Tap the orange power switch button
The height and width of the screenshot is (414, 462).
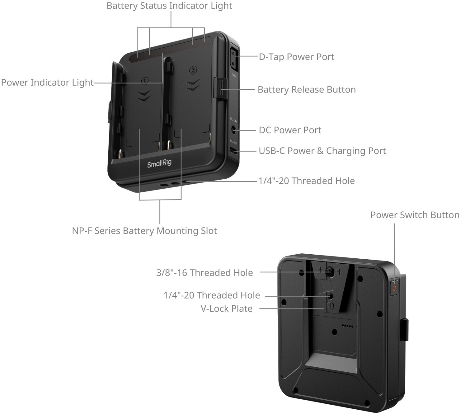(x=395, y=287)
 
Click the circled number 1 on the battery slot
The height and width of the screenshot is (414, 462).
(x=144, y=81)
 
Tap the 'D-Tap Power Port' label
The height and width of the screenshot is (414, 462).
(x=296, y=57)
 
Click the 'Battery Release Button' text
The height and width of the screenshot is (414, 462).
(x=306, y=90)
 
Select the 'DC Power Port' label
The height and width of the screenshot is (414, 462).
(x=290, y=130)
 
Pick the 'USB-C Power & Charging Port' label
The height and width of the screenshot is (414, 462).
(x=322, y=151)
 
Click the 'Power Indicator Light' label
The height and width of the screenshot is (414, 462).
(x=47, y=83)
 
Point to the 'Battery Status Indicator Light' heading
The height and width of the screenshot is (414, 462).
(x=169, y=6)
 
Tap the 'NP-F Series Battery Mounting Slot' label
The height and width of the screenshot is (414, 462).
(x=144, y=231)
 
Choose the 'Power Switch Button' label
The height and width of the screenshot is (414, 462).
(x=414, y=215)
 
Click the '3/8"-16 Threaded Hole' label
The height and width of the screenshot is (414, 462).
(x=204, y=273)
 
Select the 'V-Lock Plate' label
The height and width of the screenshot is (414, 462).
(x=226, y=309)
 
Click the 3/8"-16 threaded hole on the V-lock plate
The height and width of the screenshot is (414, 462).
(x=330, y=272)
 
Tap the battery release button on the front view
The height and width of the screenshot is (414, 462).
(x=220, y=89)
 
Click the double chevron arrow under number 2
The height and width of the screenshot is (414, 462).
(x=192, y=85)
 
